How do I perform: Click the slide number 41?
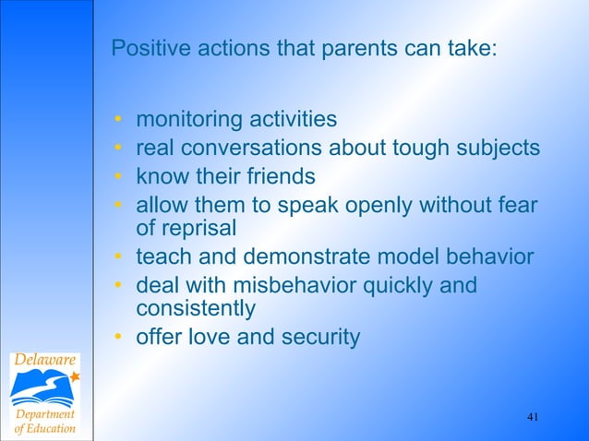(x=533, y=418)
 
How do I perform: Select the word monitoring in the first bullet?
(x=186, y=120)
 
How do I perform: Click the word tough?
(x=413, y=148)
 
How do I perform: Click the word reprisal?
(x=200, y=228)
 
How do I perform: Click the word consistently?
(x=196, y=309)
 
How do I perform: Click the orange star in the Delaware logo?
(x=75, y=376)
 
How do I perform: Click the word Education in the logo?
(x=52, y=430)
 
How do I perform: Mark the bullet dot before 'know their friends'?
(x=118, y=175)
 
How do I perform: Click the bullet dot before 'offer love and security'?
(x=118, y=338)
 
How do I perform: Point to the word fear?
(x=517, y=203)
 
